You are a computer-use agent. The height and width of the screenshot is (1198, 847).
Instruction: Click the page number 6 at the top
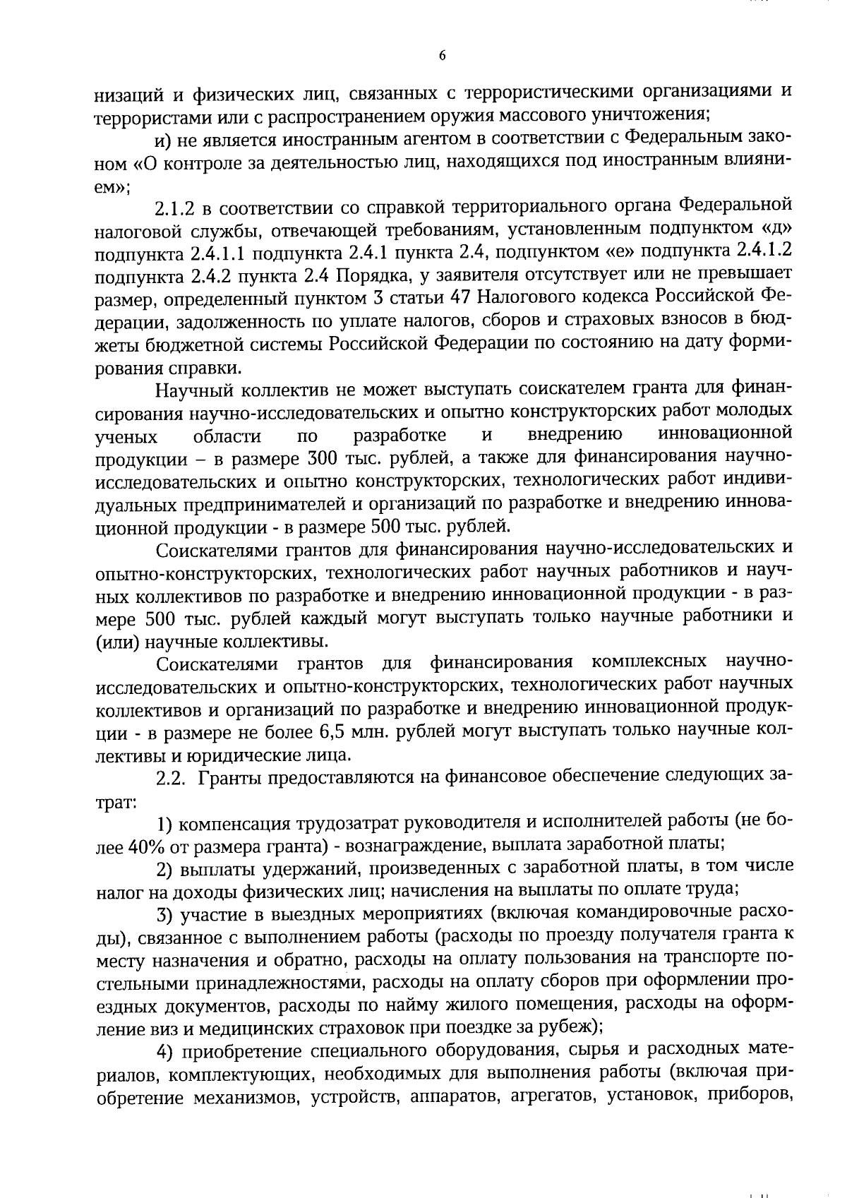pyautogui.click(x=442, y=56)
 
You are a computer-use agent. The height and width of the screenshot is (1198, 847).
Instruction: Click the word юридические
pyautogui.click(x=237, y=755)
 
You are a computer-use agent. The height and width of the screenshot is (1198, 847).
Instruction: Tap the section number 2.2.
pyautogui.click(x=170, y=778)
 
